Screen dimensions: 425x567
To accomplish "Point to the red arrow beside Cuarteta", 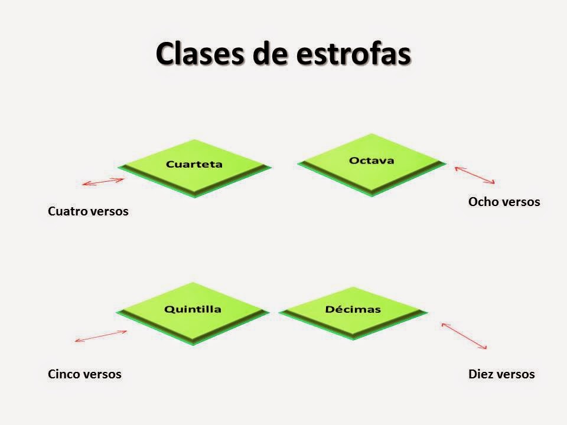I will tap(103, 182).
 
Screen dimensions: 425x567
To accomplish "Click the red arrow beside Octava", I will tap(474, 175).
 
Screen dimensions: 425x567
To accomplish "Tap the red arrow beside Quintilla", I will tap(101, 336).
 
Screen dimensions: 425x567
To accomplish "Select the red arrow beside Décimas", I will tap(464, 336).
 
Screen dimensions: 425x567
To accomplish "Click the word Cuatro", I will tap(67, 211).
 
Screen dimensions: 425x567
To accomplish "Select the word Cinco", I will tap(64, 374).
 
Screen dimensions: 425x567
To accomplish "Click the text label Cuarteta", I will tap(194, 164).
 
